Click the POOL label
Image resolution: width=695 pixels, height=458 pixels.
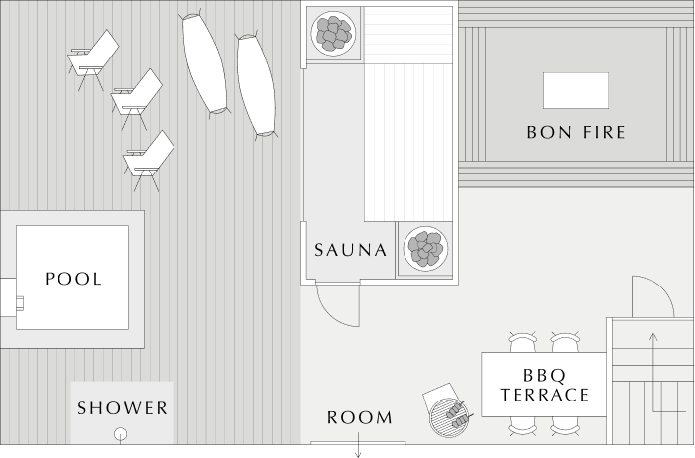(73, 279)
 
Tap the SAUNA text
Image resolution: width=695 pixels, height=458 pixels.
(351, 250)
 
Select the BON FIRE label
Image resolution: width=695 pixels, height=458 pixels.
(576, 132)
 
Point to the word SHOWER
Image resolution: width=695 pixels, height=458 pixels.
(122, 408)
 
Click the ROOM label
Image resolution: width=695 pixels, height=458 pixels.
(360, 417)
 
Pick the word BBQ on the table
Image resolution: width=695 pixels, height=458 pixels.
(544, 376)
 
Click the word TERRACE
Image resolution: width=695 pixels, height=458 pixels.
(544, 395)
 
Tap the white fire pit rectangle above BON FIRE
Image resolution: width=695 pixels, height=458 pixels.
(576, 91)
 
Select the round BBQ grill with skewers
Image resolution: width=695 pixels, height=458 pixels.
(448, 417)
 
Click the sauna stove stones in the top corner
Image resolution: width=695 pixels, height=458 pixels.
(333, 34)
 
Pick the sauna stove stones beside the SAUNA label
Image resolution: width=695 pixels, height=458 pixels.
(425, 248)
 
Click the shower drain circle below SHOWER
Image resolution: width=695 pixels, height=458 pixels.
(121, 434)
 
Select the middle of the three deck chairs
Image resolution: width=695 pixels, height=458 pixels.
(136, 99)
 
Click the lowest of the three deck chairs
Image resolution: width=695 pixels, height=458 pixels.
(148, 161)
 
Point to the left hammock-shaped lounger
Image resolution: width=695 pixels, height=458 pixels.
(205, 63)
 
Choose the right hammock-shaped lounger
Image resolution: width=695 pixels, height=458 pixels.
(256, 85)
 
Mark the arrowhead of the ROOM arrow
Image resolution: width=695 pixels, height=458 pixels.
(358, 454)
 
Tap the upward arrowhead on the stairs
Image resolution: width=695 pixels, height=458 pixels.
(653, 337)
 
